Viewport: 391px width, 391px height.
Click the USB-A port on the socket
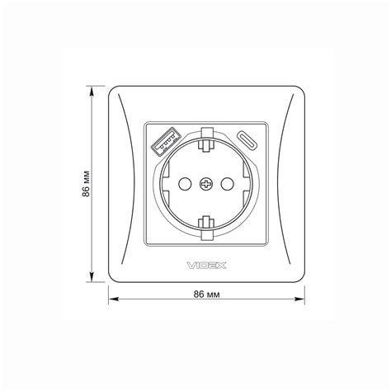tap(166, 141)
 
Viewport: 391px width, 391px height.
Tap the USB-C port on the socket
tap(247, 139)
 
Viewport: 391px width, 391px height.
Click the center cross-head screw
tap(205, 184)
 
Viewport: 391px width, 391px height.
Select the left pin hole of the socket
tap(185, 184)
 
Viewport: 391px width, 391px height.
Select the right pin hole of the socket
tap(228, 184)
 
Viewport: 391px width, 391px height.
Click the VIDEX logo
tap(207, 266)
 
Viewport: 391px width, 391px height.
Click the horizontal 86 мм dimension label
tap(207, 294)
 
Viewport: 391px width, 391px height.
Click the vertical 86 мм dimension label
tap(86, 184)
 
